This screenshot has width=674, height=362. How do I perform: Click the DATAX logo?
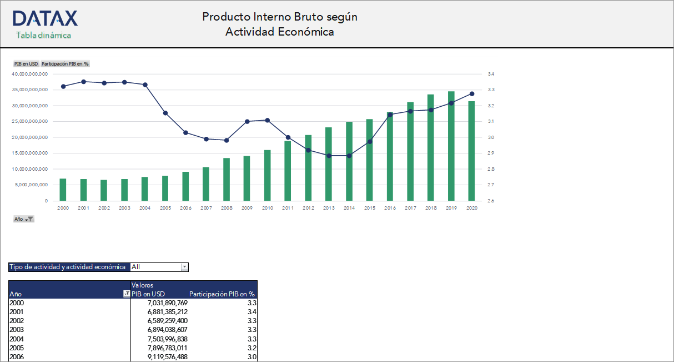(x=45, y=18)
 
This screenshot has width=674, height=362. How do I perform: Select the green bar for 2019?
(x=451, y=146)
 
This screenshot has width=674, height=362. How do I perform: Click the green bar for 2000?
(x=63, y=189)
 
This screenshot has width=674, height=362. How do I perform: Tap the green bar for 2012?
(x=308, y=167)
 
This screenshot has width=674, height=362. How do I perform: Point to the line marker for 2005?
(x=165, y=113)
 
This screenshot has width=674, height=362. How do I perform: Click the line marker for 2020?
(x=472, y=93)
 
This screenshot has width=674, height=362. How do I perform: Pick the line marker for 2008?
(x=227, y=140)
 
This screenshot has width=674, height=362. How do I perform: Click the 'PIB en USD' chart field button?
(x=26, y=64)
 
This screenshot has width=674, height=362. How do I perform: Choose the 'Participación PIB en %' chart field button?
(x=65, y=64)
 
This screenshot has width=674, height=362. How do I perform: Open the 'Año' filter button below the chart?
(x=23, y=219)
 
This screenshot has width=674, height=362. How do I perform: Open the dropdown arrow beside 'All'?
(x=184, y=267)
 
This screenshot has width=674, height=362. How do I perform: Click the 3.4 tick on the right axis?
(x=491, y=74)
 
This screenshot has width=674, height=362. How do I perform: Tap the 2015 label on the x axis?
(x=369, y=208)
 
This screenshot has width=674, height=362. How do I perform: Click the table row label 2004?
(x=17, y=339)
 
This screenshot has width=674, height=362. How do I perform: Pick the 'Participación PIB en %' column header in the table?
(x=222, y=294)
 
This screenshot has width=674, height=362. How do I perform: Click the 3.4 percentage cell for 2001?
(x=252, y=312)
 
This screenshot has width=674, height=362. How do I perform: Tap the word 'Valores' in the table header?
(x=142, y=285)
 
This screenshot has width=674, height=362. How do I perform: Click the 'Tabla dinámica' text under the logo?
(x=43, y=35)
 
